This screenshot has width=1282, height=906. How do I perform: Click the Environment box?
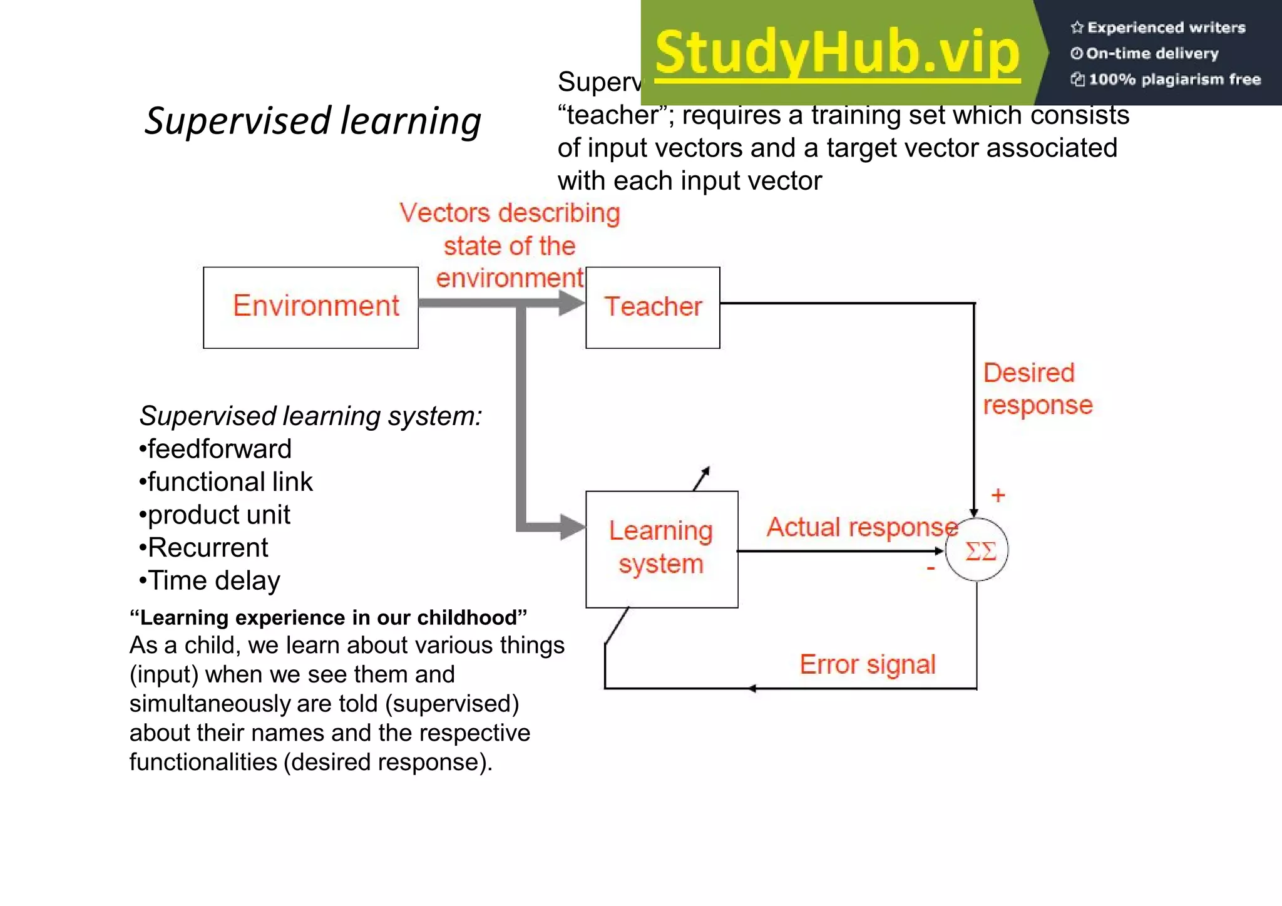(x=310, y=307)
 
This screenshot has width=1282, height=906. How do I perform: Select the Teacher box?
(x=652, y=307)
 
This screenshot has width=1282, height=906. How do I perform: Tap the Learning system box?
(x=661, y=548)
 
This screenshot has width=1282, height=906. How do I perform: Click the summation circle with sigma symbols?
(x=977, y=550)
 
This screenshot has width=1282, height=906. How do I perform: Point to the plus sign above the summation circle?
(x=998, y=496)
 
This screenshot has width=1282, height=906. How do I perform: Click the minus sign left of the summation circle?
(x=931, y=569)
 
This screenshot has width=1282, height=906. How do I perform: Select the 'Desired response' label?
(x=1037, y=389)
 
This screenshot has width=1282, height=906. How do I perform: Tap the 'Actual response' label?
(x=861, y=527)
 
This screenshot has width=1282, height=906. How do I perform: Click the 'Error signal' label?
(x=867, y=664)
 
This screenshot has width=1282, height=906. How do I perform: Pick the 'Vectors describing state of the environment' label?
(x=510, y=245)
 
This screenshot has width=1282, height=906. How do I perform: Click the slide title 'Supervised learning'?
(x=312, y=120)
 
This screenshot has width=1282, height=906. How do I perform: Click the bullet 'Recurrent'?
(x=205, y=548)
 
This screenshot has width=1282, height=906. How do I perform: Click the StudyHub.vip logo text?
(x=838, y=53)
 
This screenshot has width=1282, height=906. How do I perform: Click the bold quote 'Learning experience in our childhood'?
(x=328, y=617)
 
